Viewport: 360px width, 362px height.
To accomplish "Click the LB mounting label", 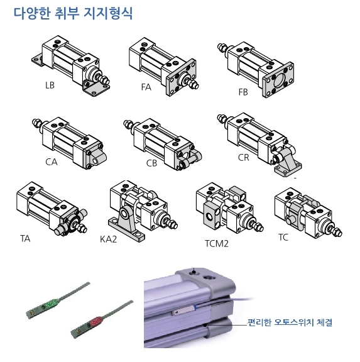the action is (x=50, y=85).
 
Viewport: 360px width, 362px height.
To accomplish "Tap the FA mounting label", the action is (x=146, y=87).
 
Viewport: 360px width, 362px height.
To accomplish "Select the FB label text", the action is (x=243, y=92).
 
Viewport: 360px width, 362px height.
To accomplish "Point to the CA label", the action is (x=52, y=162).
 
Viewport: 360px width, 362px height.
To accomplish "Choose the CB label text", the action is (x=151, y=163).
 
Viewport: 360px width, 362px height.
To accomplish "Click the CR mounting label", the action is (x=244, y=158).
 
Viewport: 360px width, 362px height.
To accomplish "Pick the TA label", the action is (x=25, y=238).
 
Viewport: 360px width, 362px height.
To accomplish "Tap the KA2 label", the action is (x=109, y=239).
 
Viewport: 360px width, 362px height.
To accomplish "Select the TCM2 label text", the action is (x=217, y=244).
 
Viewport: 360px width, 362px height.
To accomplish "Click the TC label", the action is (x=283, y=238).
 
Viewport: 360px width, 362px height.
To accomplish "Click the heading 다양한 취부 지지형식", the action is (x=73, y=13).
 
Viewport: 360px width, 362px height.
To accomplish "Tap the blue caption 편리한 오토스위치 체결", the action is (x=290, y=322).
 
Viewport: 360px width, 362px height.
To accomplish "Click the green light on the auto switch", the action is (x=53, y=303).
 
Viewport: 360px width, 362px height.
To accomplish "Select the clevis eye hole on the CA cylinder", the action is (x=95, y=160).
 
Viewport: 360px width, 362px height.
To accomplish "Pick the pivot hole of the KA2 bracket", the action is (x=125, y=214).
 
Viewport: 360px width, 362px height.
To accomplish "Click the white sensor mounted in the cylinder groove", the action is (x=183, y=310).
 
